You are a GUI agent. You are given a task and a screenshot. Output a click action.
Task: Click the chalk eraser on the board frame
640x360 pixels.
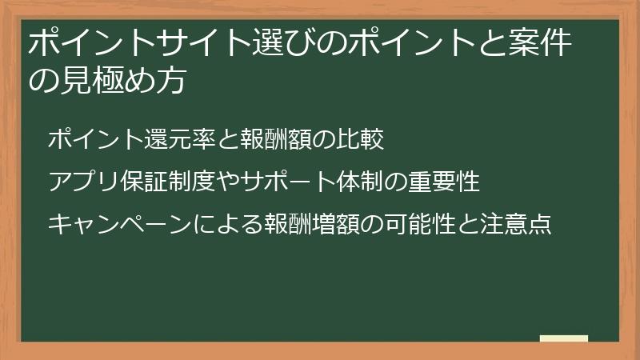point(564,338)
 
